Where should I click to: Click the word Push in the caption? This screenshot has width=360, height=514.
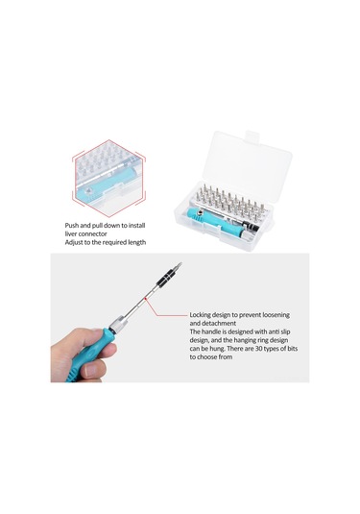71,226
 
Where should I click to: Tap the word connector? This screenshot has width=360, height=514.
93,234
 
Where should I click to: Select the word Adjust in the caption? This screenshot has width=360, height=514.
74,243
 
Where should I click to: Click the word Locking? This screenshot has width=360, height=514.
200,315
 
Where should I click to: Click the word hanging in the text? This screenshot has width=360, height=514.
245,341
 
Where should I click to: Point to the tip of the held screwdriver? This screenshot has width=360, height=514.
181,263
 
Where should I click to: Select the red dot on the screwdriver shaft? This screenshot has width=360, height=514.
145,298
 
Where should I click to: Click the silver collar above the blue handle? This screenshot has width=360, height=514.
117,323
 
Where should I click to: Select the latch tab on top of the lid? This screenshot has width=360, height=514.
252,135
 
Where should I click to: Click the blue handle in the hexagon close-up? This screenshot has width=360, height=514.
105,185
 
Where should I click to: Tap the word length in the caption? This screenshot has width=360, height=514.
136,243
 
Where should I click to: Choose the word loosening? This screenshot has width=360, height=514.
276,315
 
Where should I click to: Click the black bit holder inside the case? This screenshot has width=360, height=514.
252,226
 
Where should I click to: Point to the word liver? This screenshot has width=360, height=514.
71,234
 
